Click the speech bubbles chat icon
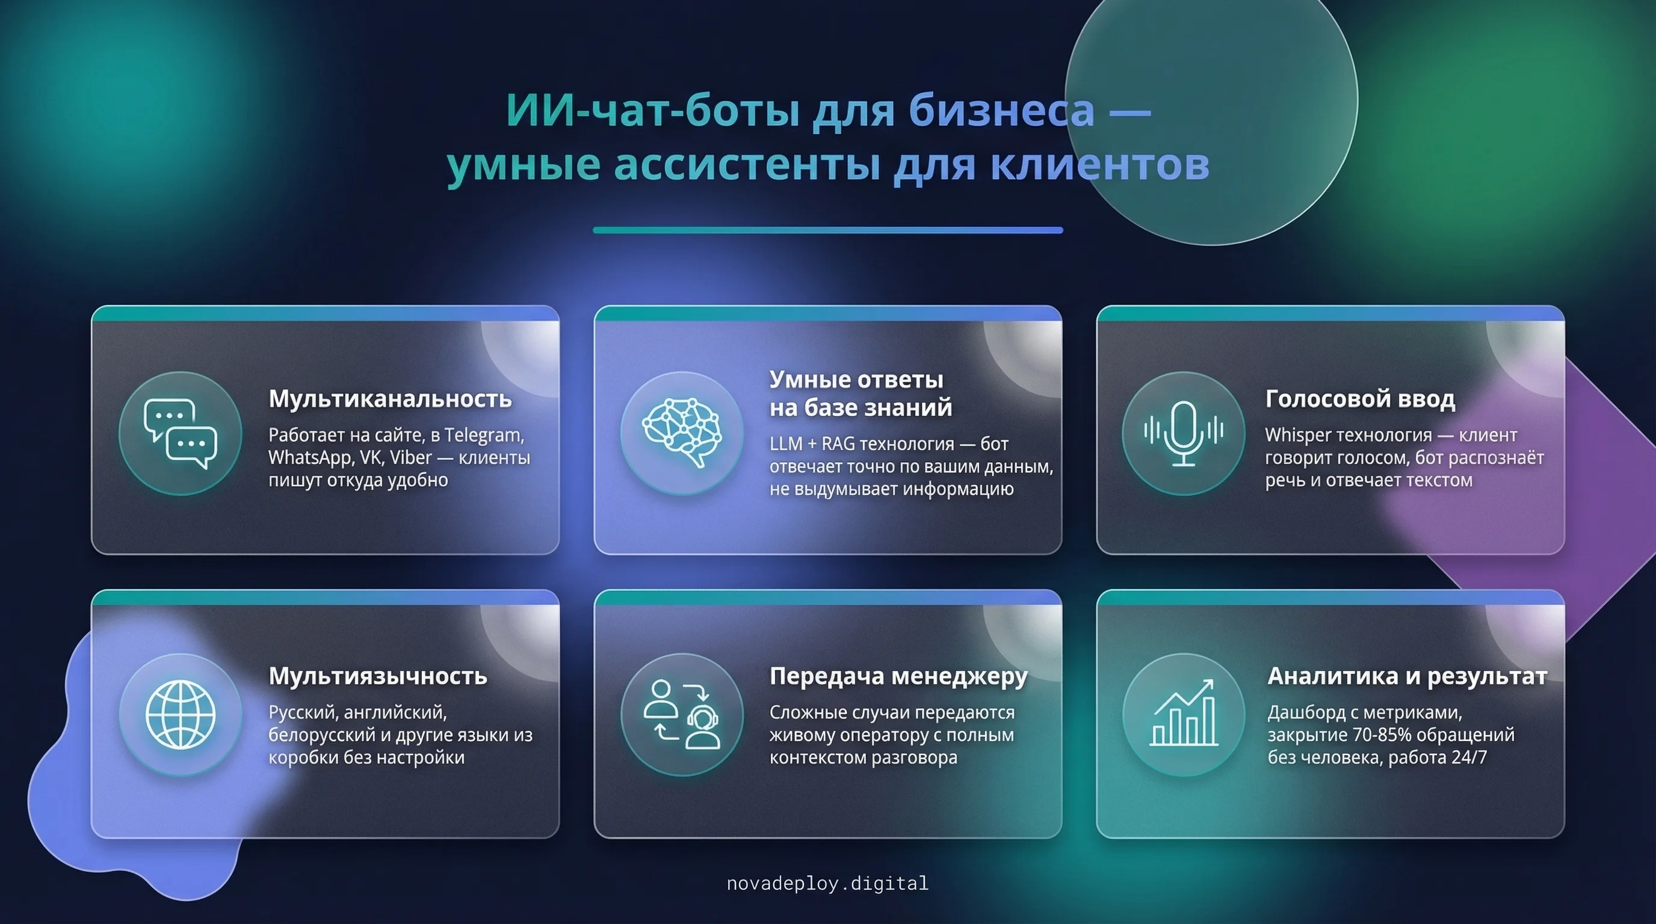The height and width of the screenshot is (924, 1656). (181, 433)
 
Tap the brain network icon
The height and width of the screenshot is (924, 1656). (682, 432)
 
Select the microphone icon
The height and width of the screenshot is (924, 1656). (1184, 433)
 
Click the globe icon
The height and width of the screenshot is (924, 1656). (181, 715)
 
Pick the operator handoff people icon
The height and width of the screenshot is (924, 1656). (682, 715)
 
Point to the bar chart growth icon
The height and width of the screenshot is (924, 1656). (1184, 713)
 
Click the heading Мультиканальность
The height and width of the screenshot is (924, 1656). (390, 399)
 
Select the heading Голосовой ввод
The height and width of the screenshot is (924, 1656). (1361, 399)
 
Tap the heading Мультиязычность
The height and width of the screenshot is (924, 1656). (378, 676)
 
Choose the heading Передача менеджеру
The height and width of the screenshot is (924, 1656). (899, 677)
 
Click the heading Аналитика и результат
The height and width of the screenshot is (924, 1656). (1407, 677)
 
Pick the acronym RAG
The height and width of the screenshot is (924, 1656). (838, 444)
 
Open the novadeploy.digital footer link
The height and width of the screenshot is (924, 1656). (827, 884)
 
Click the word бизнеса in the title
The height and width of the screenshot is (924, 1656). (1001, 111)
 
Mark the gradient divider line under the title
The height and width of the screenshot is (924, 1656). (828, 230)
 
